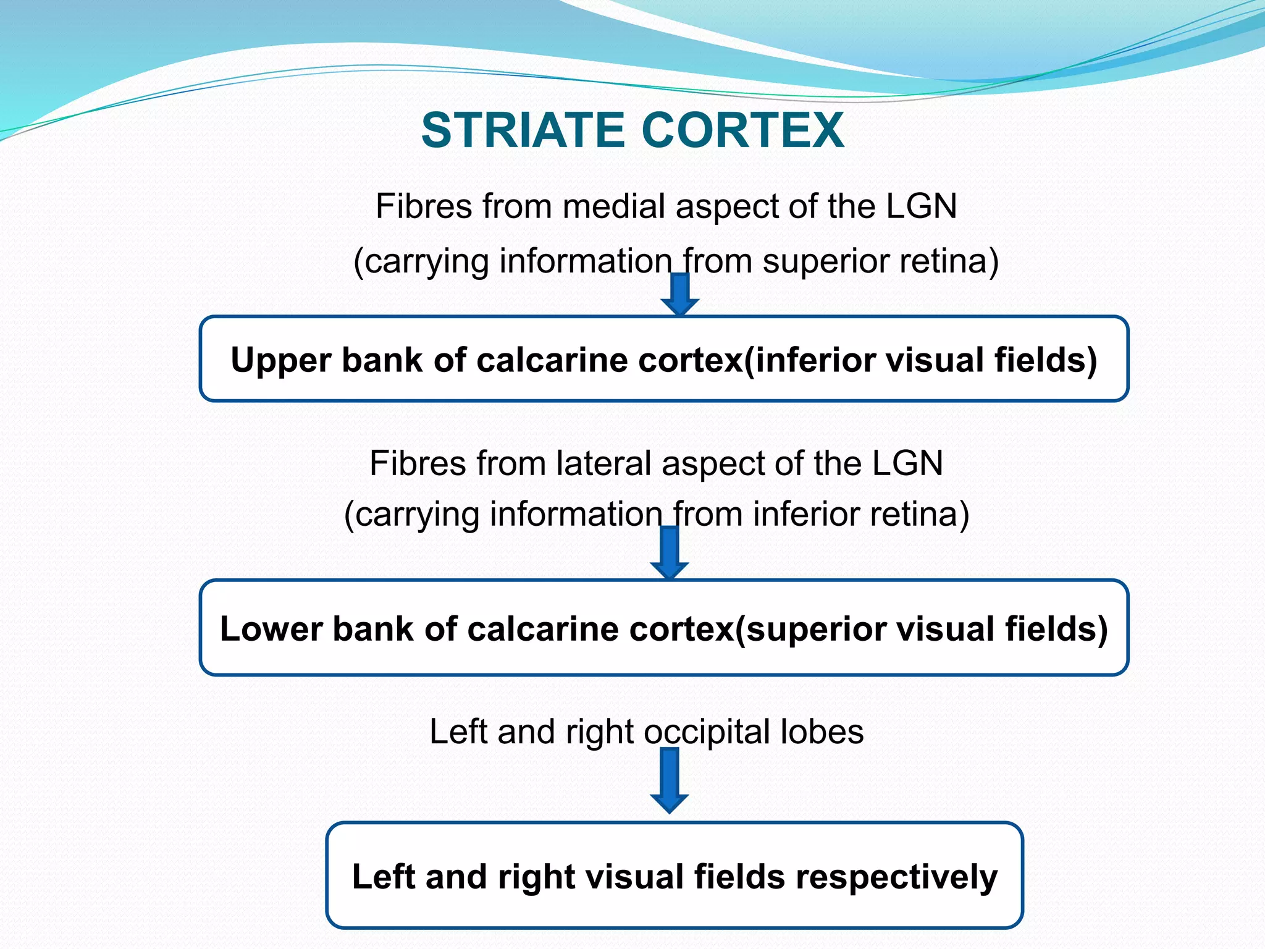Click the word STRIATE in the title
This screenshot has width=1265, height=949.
[x=523, y=130]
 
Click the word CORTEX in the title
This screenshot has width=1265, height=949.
[x=742, y=130]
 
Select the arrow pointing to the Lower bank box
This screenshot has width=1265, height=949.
[x=670, y=552]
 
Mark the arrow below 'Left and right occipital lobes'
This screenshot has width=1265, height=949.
[x=670, y=780]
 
